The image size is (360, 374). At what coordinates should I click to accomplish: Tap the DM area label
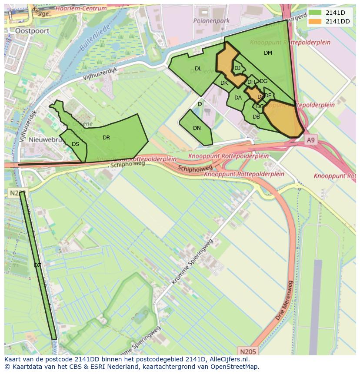click(268, 53)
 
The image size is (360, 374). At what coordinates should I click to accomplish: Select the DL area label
click(198, 69)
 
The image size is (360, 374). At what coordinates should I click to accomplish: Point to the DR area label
click(106, 138)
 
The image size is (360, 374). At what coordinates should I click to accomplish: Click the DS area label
click(75, 144)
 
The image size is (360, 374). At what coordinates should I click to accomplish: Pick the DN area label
click(197, 128)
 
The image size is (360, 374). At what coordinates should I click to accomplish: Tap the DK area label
click(224, 83)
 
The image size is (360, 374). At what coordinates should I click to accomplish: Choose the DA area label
click(238, 98)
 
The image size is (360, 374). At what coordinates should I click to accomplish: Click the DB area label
click(256, 117)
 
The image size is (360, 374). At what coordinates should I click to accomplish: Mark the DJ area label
click(237, 68)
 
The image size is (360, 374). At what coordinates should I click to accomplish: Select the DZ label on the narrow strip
click(37, 265)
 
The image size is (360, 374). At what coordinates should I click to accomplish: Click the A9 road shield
click(310, 140)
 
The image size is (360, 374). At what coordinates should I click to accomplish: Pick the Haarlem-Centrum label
click(81, 8)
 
